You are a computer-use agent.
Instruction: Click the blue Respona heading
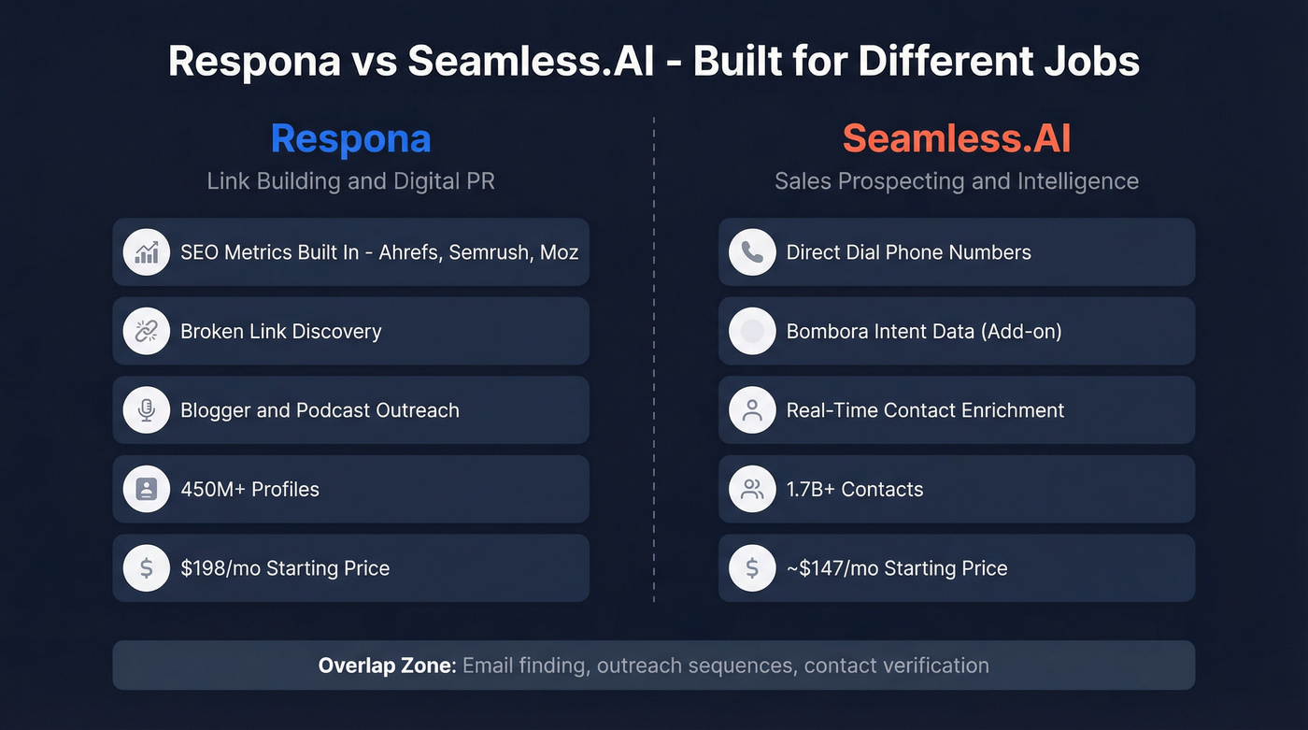[350, 138]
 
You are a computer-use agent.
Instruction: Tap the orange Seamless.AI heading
[956, 138]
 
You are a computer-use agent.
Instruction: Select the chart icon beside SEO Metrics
[146, 252]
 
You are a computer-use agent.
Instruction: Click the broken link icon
[146, 331]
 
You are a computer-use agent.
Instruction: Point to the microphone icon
[146, 410]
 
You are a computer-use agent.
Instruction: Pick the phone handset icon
[752, 252]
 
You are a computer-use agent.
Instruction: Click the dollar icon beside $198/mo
[146, 568]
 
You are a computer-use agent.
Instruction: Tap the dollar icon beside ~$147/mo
[752, 568]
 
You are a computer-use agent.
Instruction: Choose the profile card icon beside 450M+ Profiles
[146, 489]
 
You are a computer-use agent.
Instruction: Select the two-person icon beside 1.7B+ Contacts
[752, 489]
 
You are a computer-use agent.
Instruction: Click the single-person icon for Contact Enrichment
[752, 410]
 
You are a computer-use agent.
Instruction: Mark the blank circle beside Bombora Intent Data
[752, 331]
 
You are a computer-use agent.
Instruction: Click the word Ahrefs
[408, 252]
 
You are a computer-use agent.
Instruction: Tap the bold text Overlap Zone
[387, 666]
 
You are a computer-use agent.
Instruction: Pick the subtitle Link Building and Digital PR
[350, 180]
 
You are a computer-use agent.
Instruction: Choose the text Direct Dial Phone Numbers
[908, 252]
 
